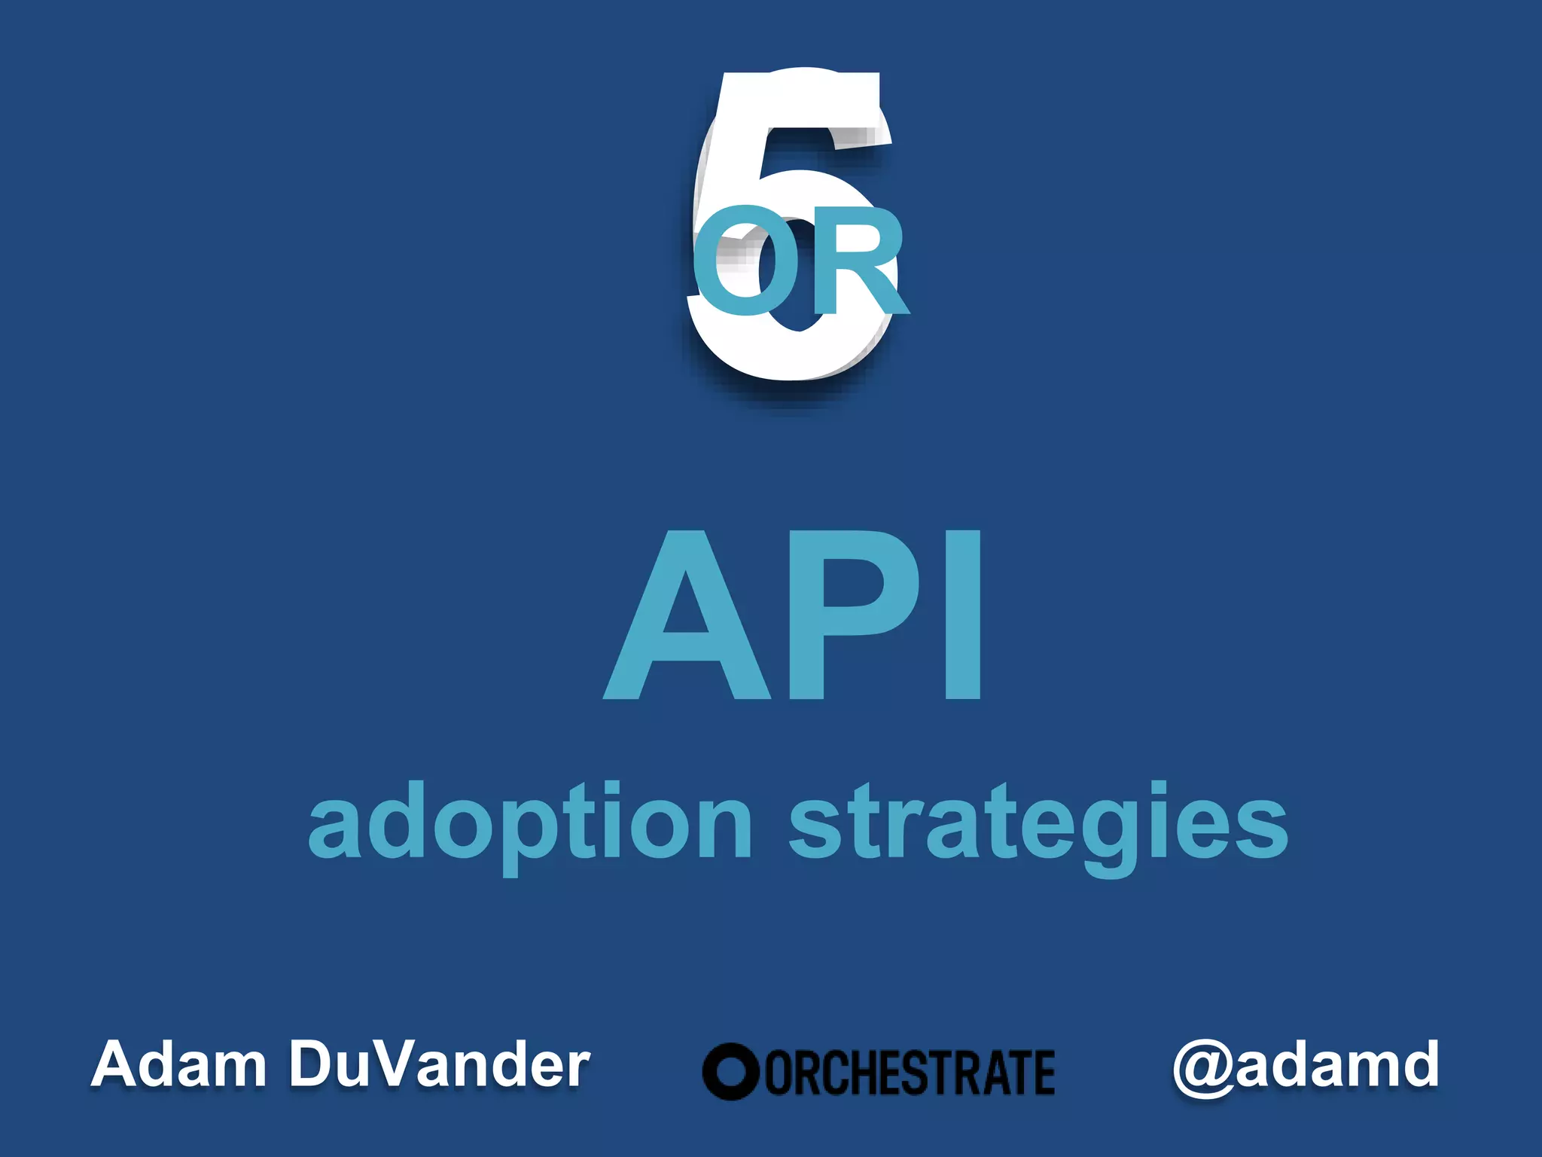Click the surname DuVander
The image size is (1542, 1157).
(x=440, y=1064)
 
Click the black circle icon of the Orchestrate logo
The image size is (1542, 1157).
(x=730, y=1071)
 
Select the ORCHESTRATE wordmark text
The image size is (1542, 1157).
(x=910, y=1073)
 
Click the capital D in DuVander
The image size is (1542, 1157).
(x=316, y=1064)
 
